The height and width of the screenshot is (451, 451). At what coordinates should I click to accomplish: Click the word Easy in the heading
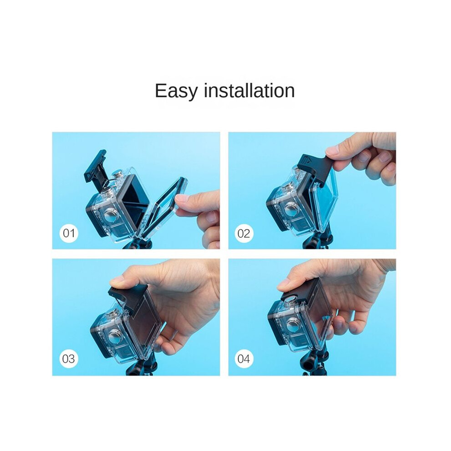176,91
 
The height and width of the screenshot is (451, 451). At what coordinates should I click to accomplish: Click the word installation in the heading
249,90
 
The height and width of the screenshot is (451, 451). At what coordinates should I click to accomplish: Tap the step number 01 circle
69,233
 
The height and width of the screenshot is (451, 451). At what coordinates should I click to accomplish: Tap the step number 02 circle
244,233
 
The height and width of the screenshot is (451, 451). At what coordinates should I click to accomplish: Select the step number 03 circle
69,359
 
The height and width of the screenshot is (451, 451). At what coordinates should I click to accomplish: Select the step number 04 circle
244,359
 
